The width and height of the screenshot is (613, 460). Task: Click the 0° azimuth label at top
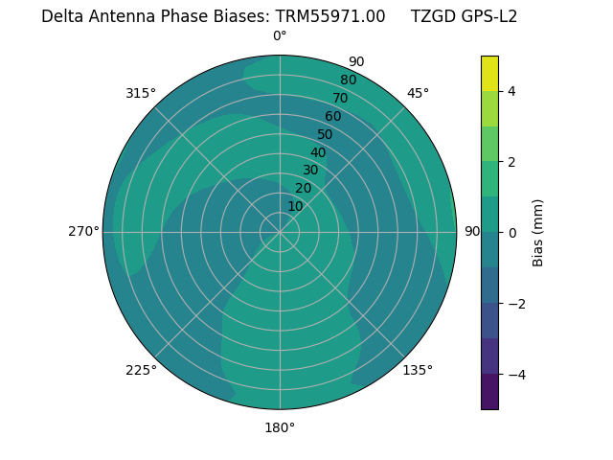[x=280, y=36]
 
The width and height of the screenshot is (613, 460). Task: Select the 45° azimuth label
[x=418, y=93]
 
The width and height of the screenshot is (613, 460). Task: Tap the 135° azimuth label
[x=418, y=370]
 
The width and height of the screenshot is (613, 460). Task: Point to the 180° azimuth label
[x=280, y=427]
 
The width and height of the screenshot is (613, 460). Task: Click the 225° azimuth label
[x=141, y=370]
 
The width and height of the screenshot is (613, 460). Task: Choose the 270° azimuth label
[x=84, y=231]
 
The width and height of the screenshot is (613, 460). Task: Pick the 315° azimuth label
[x=141, y=93]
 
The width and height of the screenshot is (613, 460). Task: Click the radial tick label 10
[x=295, y=206]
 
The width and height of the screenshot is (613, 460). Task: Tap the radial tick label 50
[x=325, y=134]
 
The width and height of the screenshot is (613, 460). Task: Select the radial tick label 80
[x=348, y=80]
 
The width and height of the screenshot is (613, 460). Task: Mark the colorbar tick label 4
[x=512, y=91]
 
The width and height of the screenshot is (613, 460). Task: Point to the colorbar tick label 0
[x=512, y=233]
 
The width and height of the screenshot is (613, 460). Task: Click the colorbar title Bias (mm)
[x=538, y=233]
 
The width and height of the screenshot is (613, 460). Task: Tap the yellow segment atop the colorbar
[x=489, y=74]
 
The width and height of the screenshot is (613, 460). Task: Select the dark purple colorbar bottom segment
[x=489, y=392]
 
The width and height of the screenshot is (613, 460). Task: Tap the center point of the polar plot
[x=280, y=232]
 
